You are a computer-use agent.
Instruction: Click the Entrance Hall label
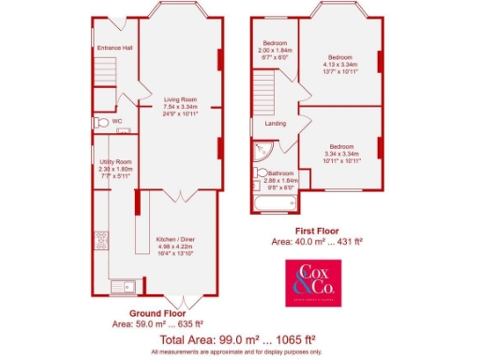113,47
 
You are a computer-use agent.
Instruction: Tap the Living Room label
180,98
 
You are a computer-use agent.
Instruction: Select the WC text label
117,122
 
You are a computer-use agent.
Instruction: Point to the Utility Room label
117,162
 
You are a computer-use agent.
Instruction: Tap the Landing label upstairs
276,124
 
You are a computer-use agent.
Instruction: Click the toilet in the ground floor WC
100,122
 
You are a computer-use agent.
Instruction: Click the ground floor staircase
108,71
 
